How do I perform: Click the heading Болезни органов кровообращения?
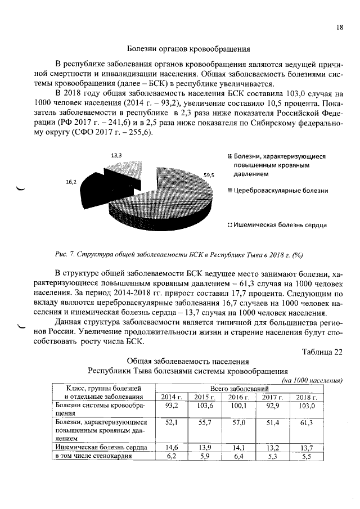(188, 49)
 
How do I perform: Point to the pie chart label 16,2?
(71, 182)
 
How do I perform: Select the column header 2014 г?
(172, 397)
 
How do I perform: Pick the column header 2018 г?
(307, 397)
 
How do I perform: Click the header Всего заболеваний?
(240, 389)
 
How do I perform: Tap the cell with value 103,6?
(205, 406)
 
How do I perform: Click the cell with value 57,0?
(239, 422)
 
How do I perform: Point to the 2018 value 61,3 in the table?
(307, 422)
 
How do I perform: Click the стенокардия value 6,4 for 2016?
(239, 456)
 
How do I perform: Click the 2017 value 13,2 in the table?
(273, 447)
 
